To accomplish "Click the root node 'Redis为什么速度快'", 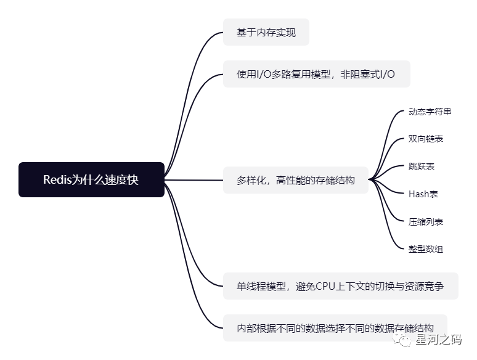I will coord(91,179).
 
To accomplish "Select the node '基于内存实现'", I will coord(266,32).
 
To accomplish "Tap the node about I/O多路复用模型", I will coord(316,74).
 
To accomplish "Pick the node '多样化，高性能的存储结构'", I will coord(296,180).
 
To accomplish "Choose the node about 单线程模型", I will coord(340,286).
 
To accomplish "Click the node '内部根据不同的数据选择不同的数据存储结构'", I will coord(335,327).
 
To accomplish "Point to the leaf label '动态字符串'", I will coord(430,112).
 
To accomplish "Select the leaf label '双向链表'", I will coord(425,139).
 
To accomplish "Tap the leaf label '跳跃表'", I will coord(422,166).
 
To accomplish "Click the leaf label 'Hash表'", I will coord(423,194).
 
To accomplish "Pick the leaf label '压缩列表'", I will coord(425,221).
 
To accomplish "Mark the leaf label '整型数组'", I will coord(425,249).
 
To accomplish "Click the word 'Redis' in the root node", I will coord(58,179).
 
